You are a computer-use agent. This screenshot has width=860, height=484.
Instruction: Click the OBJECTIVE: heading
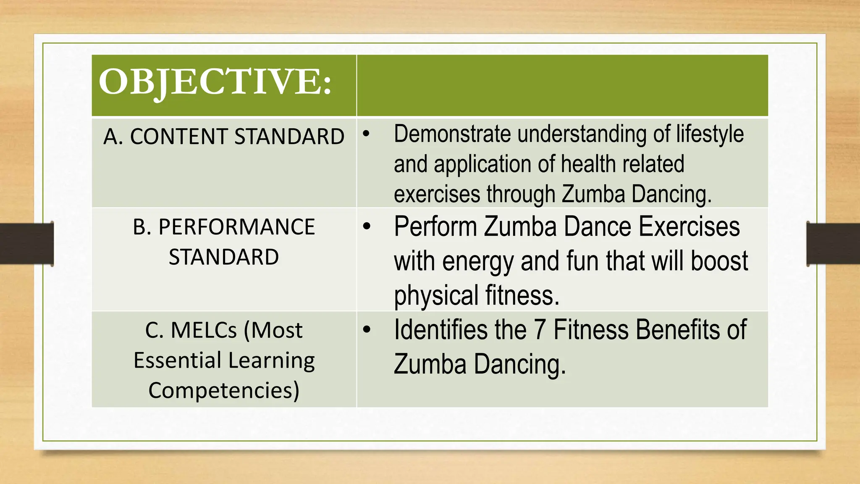pyautogui.click(x=215, y=82)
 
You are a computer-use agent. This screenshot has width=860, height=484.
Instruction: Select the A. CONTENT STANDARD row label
pyautogui.click(x=224, y=137)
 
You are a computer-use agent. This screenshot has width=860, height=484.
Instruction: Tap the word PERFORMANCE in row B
pyautogui.click(x=236, y=227)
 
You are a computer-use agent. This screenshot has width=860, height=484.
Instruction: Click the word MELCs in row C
pyautogui.click(x=204, y=330)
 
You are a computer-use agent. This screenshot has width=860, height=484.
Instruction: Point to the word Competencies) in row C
pyautogui.click(x=224, y=390)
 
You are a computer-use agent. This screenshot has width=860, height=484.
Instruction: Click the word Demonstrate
pyautogui.click(x=452, y=134)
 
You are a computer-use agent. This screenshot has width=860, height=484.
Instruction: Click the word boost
pyautogui.click(x=719, y=261)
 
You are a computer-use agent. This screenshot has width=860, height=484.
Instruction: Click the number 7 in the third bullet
pyautogui.click(x=540, y=330)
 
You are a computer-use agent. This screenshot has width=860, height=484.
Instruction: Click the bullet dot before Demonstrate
pyautogui.click(x=367, y=134)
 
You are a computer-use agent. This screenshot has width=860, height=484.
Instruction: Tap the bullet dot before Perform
pyautogui.click(x=367, y=226)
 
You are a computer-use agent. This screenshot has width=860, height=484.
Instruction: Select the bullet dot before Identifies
pyautogui.click(x=367, y=329)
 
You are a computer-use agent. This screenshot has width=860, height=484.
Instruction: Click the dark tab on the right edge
pyautogui.click(x=833, y=244)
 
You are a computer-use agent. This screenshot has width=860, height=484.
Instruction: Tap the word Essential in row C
pyautogui.click(x=178, y=360)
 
